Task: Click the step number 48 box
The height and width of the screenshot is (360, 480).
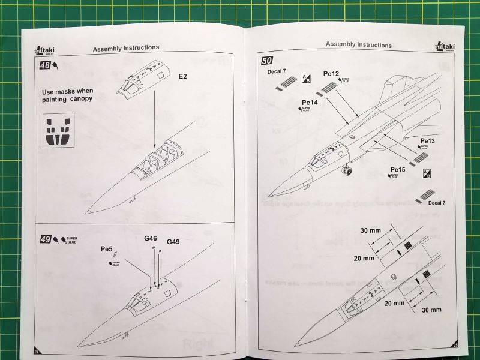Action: coord(45,67)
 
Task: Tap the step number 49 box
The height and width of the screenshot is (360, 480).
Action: coord(45,239)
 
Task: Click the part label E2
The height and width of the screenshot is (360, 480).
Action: coord(183,77)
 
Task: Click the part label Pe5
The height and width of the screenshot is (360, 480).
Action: coord(107,249)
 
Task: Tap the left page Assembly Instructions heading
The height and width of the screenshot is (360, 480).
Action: coord(126,47)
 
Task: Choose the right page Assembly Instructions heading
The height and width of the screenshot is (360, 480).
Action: coord(358,44)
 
